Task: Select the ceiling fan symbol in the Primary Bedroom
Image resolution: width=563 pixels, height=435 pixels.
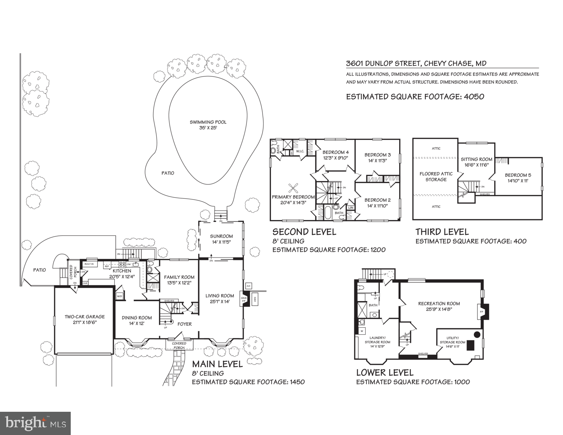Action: [x=293, y=187]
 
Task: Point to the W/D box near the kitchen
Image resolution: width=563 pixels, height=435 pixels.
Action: [x=119, y=296]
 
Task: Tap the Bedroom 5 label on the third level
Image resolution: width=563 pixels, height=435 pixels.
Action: [x=518, y=175]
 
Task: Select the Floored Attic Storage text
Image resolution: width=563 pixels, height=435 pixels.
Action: [x=436, y=176]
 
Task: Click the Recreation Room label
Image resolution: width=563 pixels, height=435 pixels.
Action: [x=439, y=303]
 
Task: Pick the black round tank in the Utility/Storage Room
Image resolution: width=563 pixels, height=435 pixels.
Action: [x=477, y=334]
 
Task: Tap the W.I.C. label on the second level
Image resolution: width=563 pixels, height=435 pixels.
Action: [x=300, y=151]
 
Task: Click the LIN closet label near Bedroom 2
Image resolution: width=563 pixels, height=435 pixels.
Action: [x=350, y=208]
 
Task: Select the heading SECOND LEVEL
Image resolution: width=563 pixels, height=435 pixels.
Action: [x=304, y=232]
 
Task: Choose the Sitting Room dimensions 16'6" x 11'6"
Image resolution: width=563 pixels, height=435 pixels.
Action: [x=476, y=165]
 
